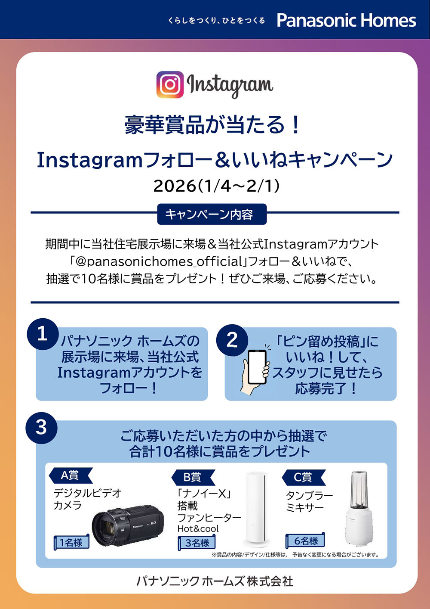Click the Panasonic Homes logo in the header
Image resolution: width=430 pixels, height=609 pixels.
(x=347, y=20)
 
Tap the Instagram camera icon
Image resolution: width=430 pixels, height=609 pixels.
(x=170, y=84)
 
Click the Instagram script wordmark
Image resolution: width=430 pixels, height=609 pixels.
(x=230, y=86)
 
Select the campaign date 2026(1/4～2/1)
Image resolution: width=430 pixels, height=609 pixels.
(x=216, y=186)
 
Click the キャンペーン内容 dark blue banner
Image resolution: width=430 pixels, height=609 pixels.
(x=212, y=214)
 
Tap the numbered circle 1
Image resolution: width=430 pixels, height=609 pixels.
(x=43, y=334)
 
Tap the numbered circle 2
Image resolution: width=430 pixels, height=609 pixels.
(x=232, y=340)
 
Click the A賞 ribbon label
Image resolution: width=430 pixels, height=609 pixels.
(x=71, y=475)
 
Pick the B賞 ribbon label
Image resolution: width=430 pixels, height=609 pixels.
(x=193, y=477)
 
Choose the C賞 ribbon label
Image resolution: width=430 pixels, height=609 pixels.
(x=304, y=477)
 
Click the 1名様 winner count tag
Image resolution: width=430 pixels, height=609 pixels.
(x=71, y=542)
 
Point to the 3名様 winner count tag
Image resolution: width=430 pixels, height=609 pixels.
(x=197, y=543)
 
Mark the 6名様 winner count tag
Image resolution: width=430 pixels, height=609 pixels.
(x=305, y=541)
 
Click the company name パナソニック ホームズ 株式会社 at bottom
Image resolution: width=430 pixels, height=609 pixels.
(x=215, y=581)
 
